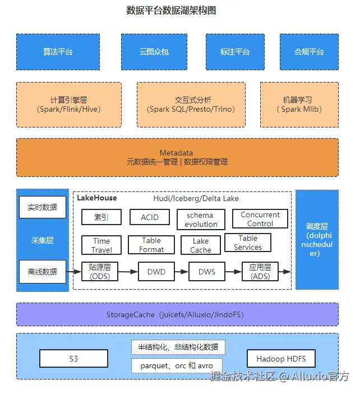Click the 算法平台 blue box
click(58, 52)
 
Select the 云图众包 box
click(154, 52)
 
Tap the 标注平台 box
click(235, 52)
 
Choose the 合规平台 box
click(309, 52)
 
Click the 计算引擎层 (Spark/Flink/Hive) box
click(69, 104)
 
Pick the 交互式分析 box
click(191, 104)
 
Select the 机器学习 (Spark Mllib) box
click(299, 104)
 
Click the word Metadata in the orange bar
click(176, 153)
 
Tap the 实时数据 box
click(43, 207)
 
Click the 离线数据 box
click(43, 272)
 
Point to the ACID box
click(150, 217)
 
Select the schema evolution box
click(200, 220)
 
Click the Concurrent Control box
click(260, 219)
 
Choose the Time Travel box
click(101, 245)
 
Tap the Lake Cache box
click(201, 245)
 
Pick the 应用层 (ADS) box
click(260, 272)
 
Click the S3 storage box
click(74, 359)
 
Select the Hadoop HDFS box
click(281, 359)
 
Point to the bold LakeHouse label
click(97, 198)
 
